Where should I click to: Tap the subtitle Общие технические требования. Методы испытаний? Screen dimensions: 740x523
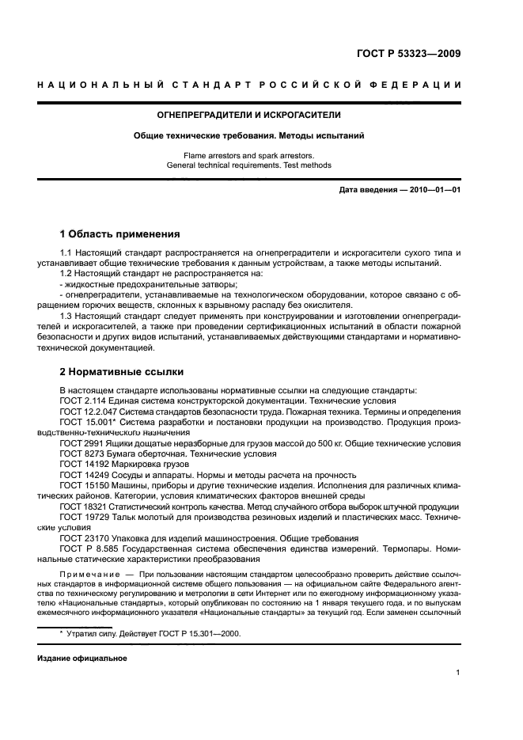[x=248, y=136]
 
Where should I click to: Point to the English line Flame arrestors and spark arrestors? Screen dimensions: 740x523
[x=248, y=156]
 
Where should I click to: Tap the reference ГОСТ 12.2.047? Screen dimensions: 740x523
[x=88, y=412]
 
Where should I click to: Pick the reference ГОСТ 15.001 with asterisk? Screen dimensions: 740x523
[x=86, y=423]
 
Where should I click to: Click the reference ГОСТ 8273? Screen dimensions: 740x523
[x=80, y=454]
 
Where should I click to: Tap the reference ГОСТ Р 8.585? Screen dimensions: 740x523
[x=88, y=549]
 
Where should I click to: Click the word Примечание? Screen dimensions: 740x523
[x=86, y=571]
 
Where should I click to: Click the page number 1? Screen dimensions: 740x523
[x=458, y=673]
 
